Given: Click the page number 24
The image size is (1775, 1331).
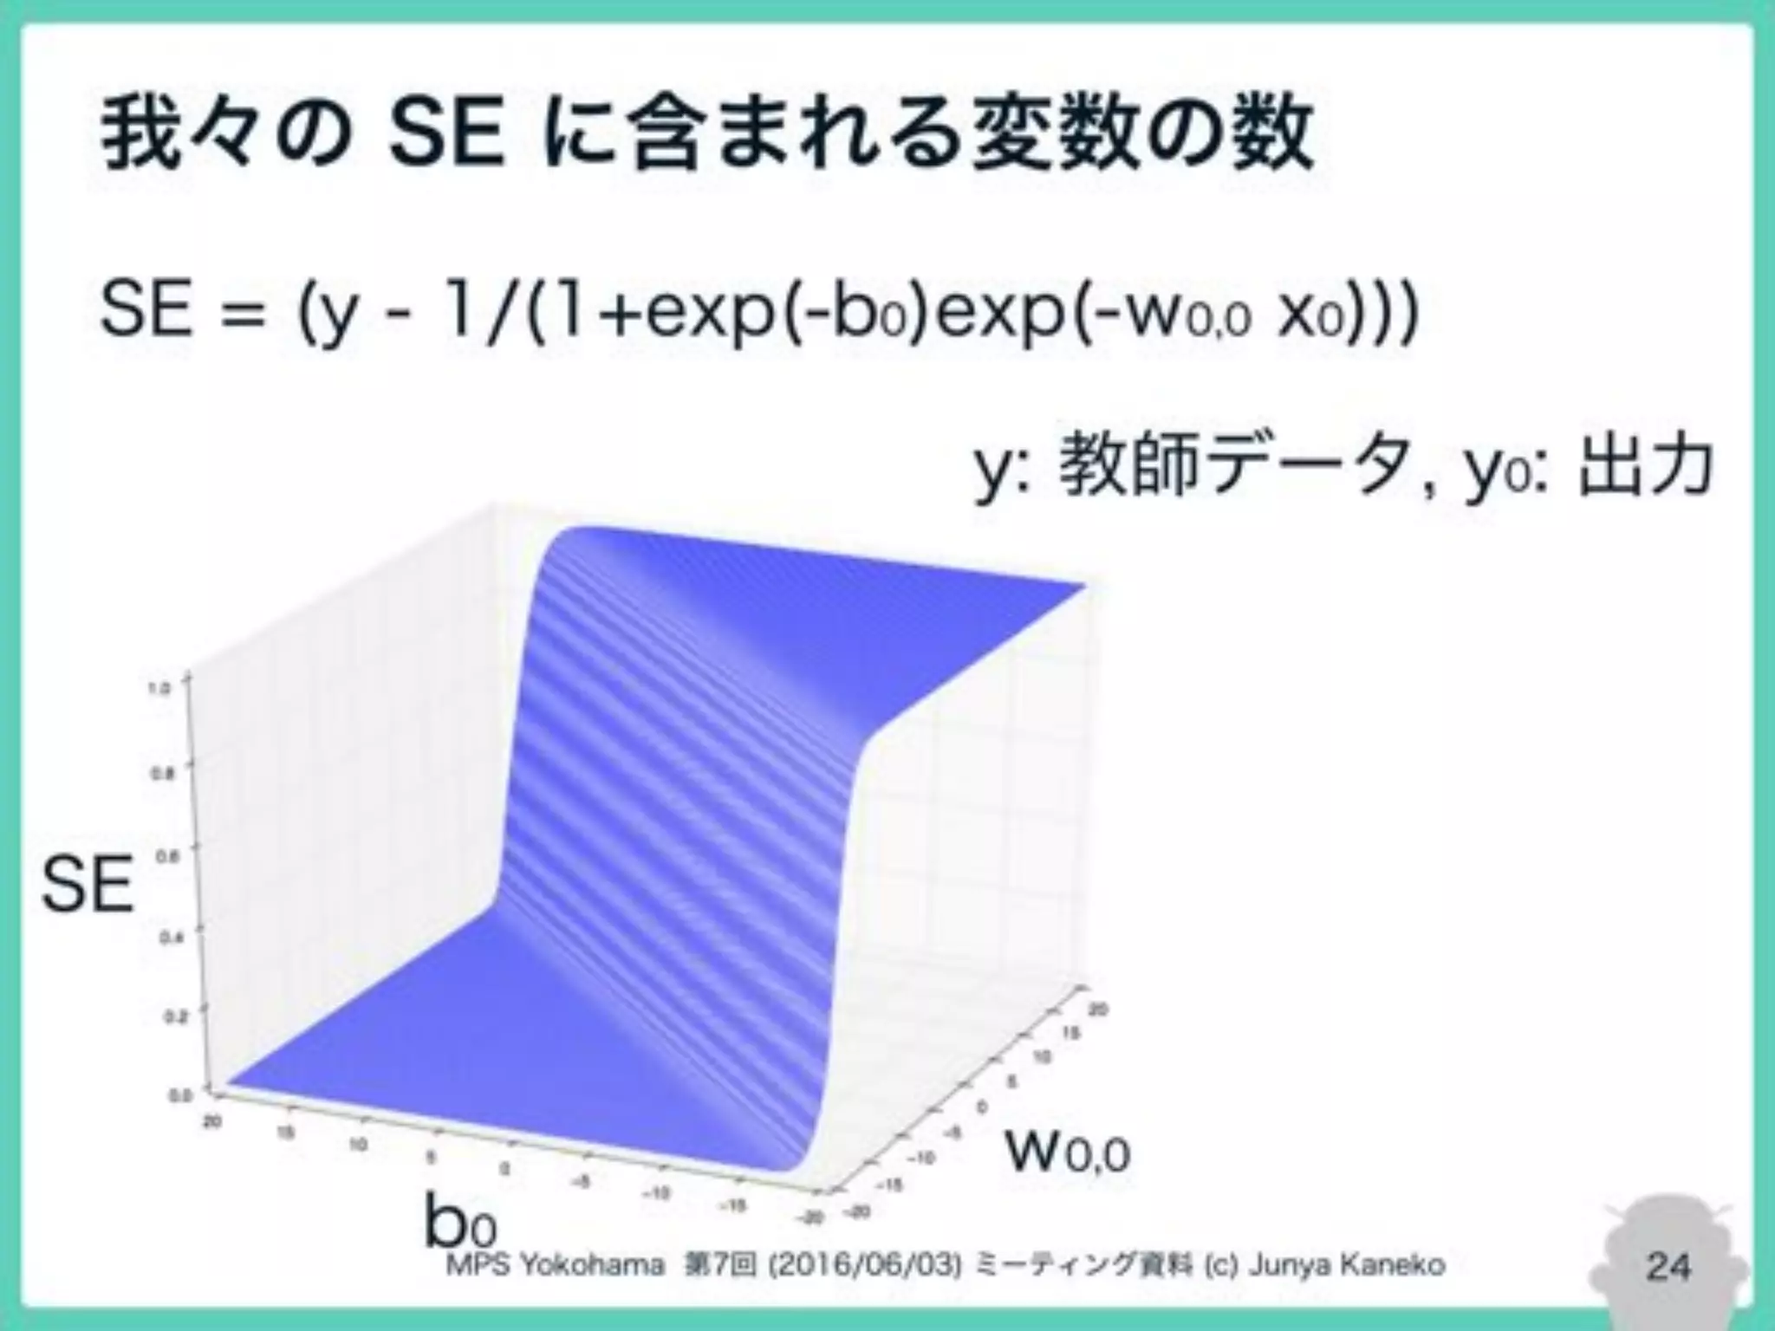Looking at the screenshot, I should tap(1668, 1266).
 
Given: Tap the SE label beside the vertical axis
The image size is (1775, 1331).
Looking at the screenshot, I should tap(88, 885).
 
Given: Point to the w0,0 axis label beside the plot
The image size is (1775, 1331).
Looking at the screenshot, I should tap(1068, 1152).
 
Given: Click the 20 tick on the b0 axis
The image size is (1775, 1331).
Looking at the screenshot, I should tap(210, 1121).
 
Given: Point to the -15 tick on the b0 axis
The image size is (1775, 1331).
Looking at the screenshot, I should tap(736, 1205).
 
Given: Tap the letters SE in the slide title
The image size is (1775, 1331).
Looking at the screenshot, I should tap(445, 137).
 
